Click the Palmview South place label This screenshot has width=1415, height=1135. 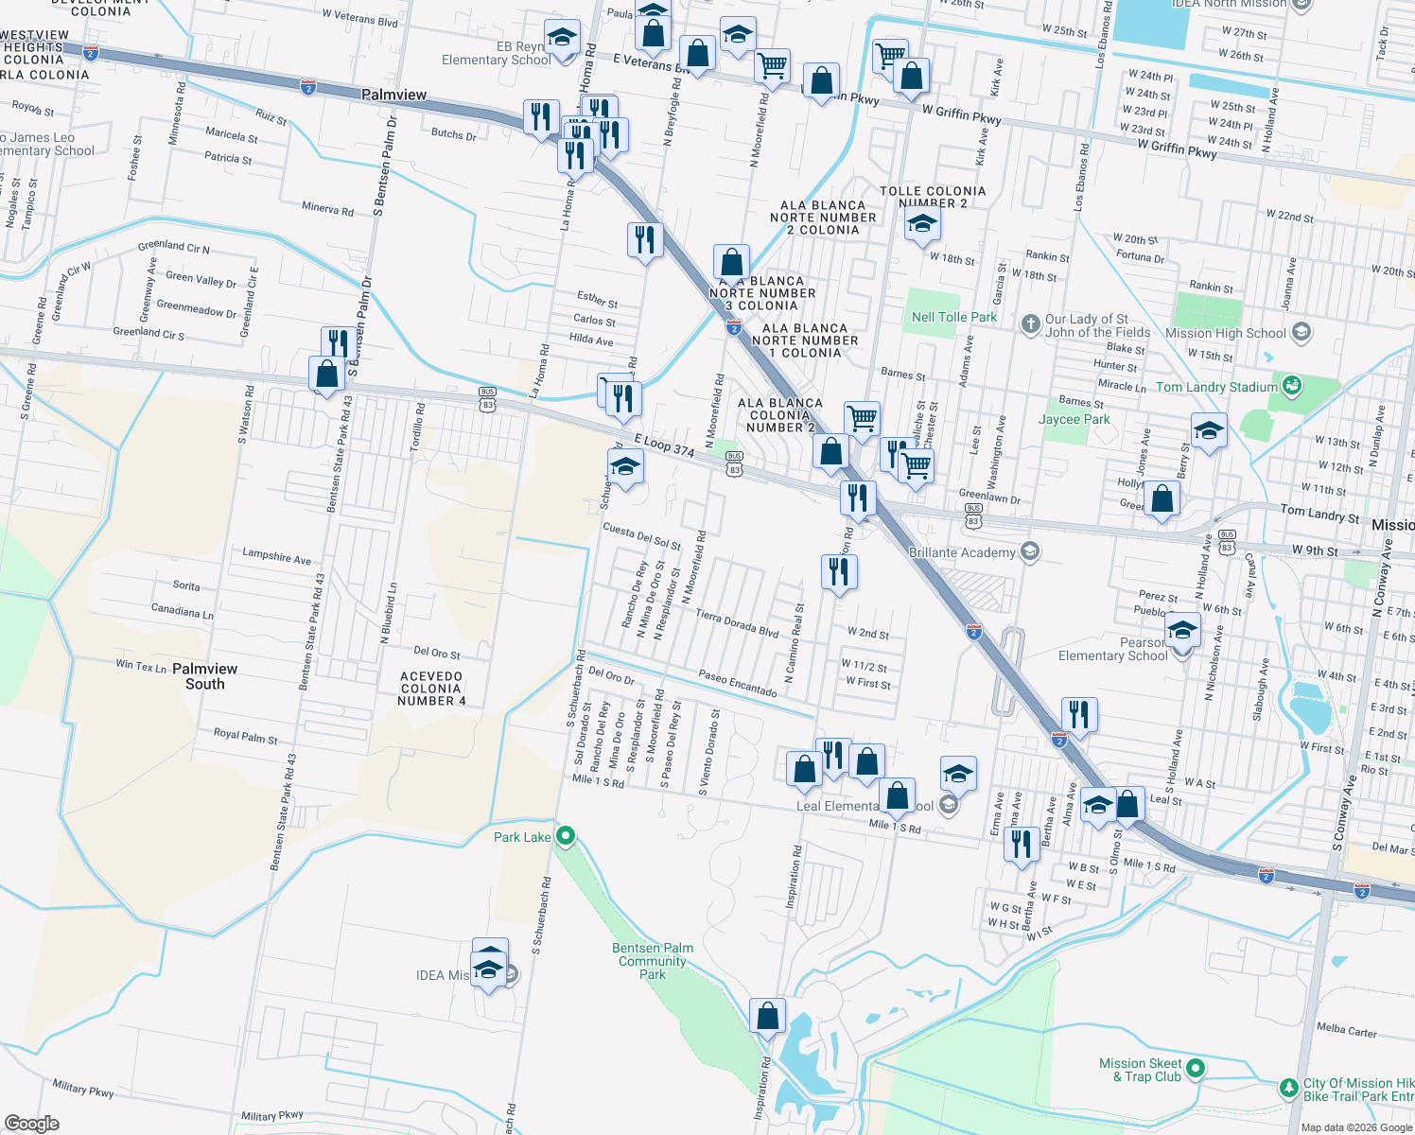(205, 676)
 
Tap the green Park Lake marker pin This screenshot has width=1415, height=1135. (566, 835)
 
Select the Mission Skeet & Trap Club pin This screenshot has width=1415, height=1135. (1196, 1069)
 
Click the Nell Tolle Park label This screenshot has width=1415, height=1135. (953, 317)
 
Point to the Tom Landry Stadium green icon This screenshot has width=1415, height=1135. (1291, 386)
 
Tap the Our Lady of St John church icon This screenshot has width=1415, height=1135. (1031, 324)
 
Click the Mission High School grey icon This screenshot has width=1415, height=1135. (1301, 332)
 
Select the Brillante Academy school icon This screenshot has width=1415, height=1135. (1029, 551)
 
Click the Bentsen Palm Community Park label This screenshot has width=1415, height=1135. (653, 961)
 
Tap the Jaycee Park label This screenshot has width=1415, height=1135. (1074, 419)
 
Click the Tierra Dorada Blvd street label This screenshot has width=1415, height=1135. (737, 622)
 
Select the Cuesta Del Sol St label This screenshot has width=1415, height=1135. (642, 537)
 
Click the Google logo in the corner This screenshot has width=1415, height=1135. (32, 1123)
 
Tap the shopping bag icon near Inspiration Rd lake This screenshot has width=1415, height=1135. (768, 1016)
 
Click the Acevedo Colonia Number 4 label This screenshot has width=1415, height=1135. (431, 689)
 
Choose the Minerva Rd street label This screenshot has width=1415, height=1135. (327, 209)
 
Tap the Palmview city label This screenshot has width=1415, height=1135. (393, 95)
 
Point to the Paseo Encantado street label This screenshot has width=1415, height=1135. (738, 684)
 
